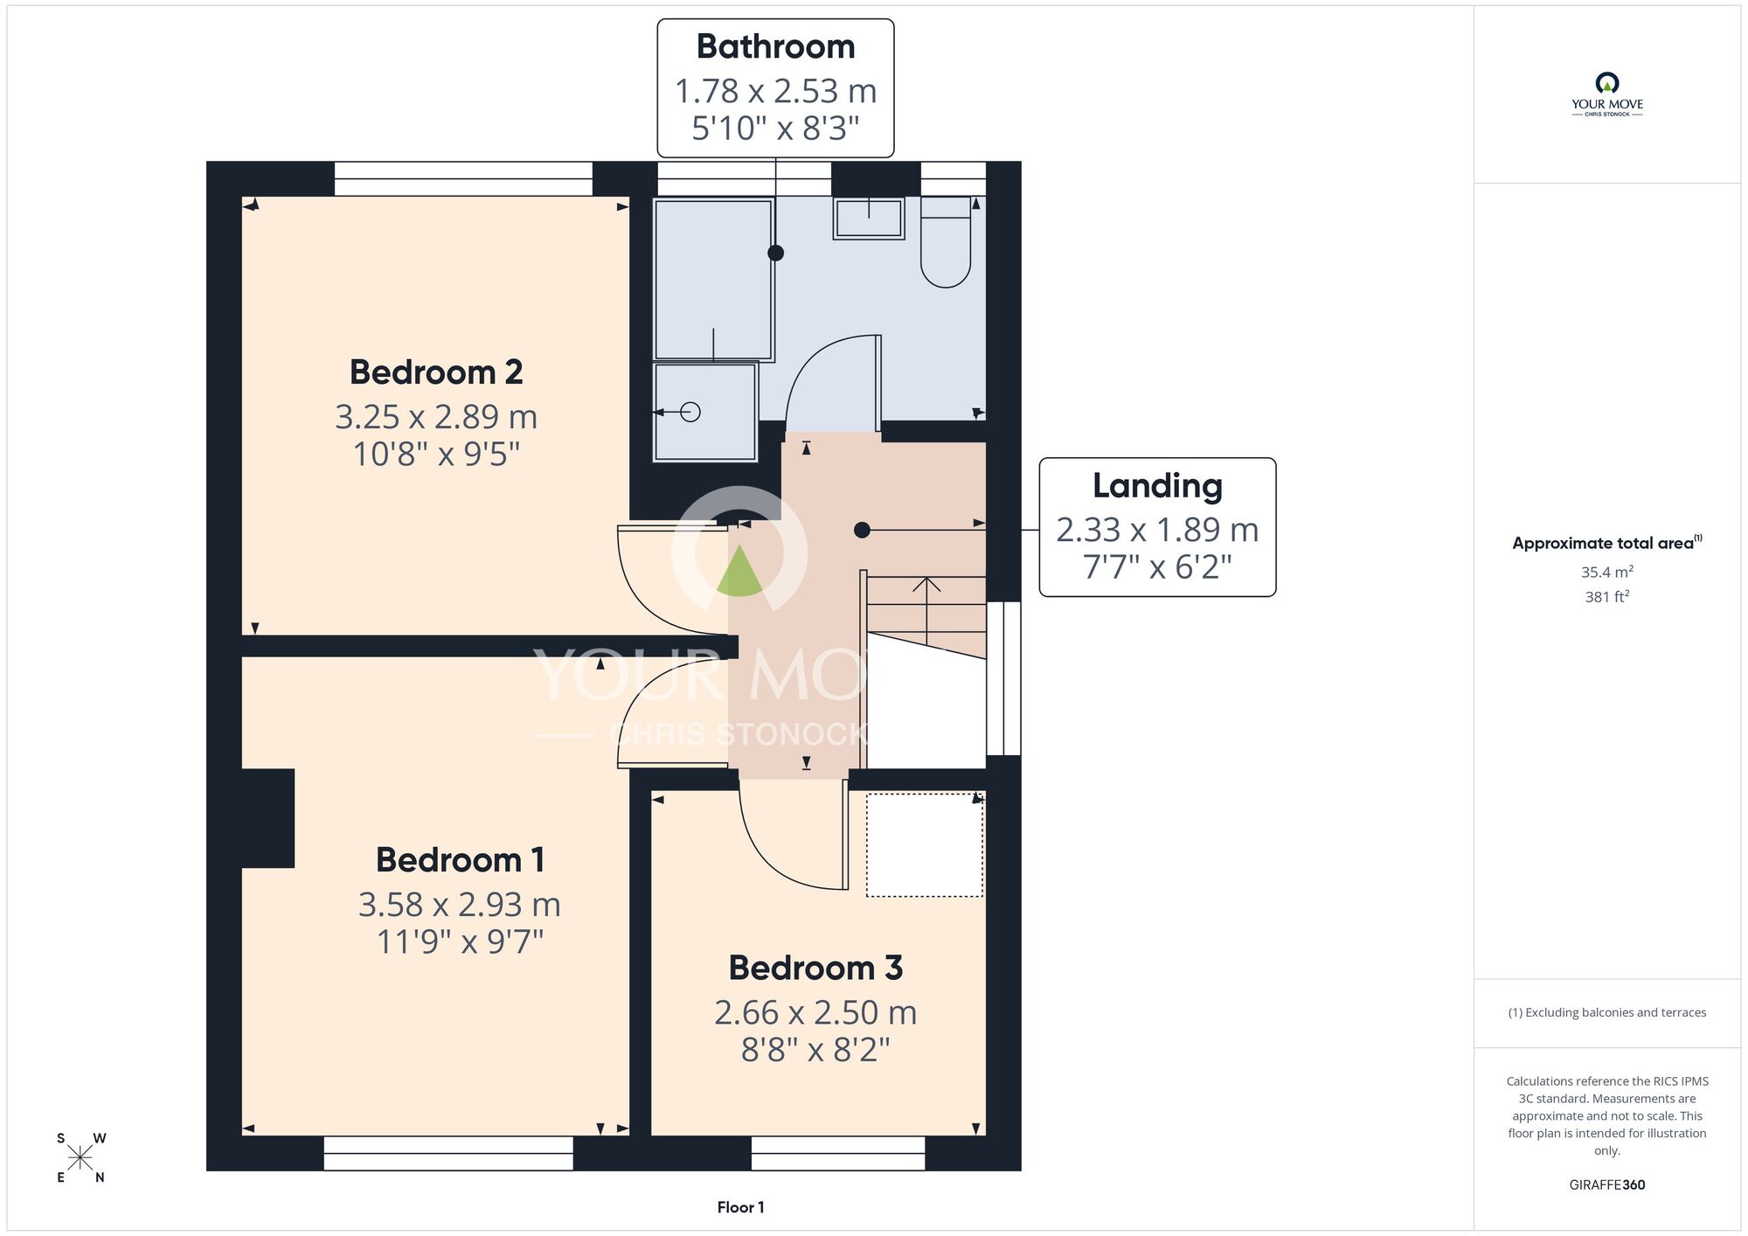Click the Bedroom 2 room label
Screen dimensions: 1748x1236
click(436, 372)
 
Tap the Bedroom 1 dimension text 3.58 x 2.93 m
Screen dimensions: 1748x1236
click(460, 904)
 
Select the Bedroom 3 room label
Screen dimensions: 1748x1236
click(815, 968)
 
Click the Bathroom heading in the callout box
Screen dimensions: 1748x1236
click(775, 46)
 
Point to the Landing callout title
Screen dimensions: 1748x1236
click(1157, 486)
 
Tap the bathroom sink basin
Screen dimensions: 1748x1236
click(869, 219)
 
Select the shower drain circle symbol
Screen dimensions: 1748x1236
click(690, 412)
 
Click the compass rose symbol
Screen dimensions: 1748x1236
click(80, 1158)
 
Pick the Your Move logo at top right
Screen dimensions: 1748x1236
click(1606, 94)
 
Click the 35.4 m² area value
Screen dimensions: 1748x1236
click(1607, 572)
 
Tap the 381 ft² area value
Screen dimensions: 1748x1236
click(1607, 596)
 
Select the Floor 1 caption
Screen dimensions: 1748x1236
click(740, 1207)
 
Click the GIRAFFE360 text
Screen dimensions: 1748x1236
click(1607, 1184)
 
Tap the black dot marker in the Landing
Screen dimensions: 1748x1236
click(862, 530)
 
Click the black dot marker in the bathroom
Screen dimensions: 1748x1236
click(775, 253)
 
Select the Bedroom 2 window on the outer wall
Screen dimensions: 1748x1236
click(463, 179)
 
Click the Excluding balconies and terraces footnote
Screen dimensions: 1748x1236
click(1607, 1012)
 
